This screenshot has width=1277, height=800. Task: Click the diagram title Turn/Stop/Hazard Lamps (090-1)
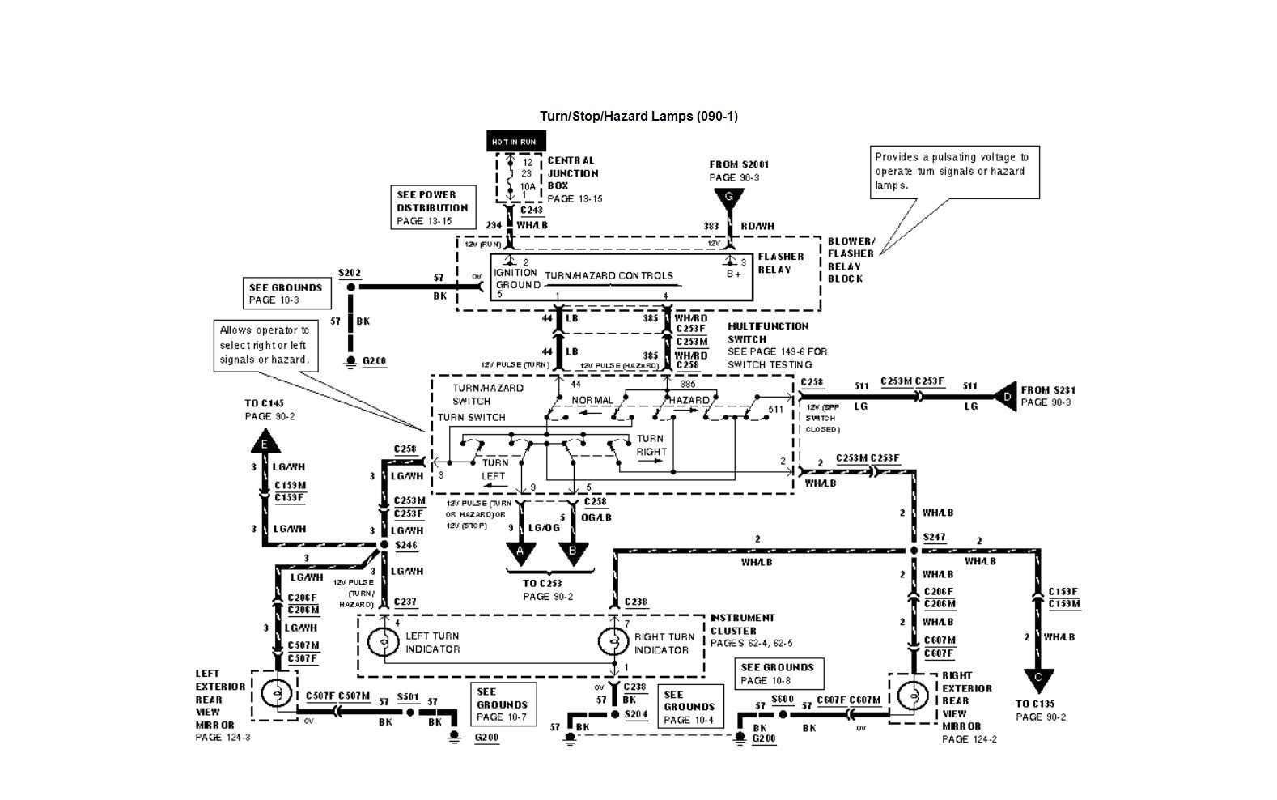tap(638, 116)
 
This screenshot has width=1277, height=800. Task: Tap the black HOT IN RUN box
tap(515, 142)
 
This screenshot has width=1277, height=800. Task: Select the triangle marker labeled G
tap(729, 198)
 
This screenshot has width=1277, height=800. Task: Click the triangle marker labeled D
tap(1006, 397)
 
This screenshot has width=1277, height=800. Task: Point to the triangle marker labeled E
tap(264, 442)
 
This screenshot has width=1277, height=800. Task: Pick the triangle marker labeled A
tap(520, 553)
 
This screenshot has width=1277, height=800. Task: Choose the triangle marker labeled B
tap(573, 553)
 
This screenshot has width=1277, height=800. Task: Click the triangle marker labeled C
tap(1038, 679)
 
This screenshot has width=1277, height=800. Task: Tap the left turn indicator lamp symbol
tap(383, 642)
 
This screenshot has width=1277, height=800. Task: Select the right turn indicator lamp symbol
tap(613, 642)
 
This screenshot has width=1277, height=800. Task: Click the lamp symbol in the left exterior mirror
tap(278, 694)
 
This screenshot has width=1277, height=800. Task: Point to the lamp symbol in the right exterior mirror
tap(914, 696)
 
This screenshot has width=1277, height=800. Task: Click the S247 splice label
tap(934, 537)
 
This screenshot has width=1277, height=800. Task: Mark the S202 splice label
tap(350, 273)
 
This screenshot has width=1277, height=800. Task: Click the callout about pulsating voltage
tap(954, 172)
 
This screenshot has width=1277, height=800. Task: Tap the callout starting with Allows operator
tap(265, 345)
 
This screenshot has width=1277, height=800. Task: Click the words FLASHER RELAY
tap(780, 263)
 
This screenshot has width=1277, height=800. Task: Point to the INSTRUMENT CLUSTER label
tap(742, 624)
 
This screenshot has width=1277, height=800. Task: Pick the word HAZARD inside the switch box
tap(689, 400)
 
